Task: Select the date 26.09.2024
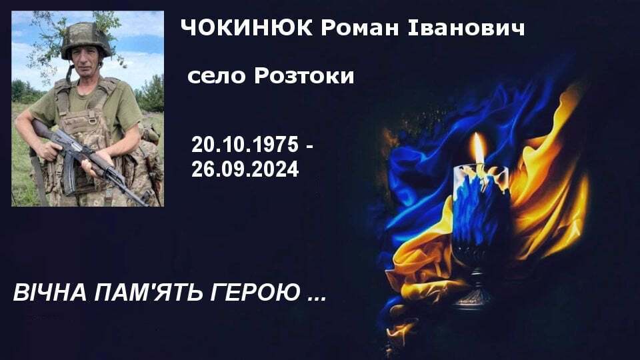tap(245, 169)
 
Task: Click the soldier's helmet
tap(86, 40)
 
